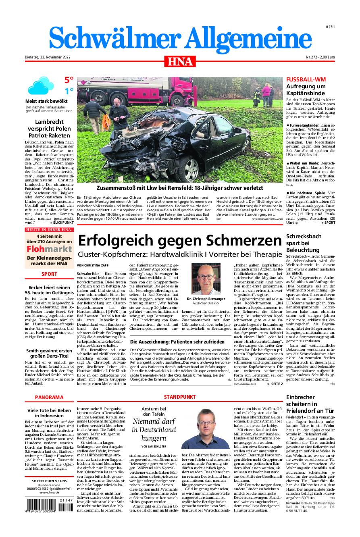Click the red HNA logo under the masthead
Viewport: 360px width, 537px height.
[180, 61]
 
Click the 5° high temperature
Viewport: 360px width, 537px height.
[69, 81]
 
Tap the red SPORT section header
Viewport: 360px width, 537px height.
[49, 274]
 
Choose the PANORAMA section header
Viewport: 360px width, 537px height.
[49, 397]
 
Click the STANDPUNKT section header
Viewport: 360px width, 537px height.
[180, 397]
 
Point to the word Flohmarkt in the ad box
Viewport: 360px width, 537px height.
[49, 249]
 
